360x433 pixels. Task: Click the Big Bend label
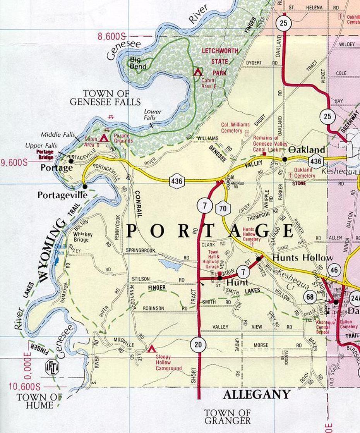tap(138, 63)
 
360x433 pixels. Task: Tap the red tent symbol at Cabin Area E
tap(198, 72)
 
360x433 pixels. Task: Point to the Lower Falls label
tap(153, 114)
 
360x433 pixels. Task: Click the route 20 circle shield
tap(198, 345)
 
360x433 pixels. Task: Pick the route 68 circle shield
tap(310, 297)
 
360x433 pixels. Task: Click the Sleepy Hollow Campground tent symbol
tap(151, 349)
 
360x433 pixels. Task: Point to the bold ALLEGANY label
tap(257, 394)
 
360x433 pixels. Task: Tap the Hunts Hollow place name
tap(303, 258)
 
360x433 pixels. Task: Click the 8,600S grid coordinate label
tap(112, 36)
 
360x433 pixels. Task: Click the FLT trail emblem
tap(51, 367)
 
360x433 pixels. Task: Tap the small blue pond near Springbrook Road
tap(170, 265)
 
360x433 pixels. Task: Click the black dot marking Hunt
tap(219, 277)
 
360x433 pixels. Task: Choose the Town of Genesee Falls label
tap(105, 98)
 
